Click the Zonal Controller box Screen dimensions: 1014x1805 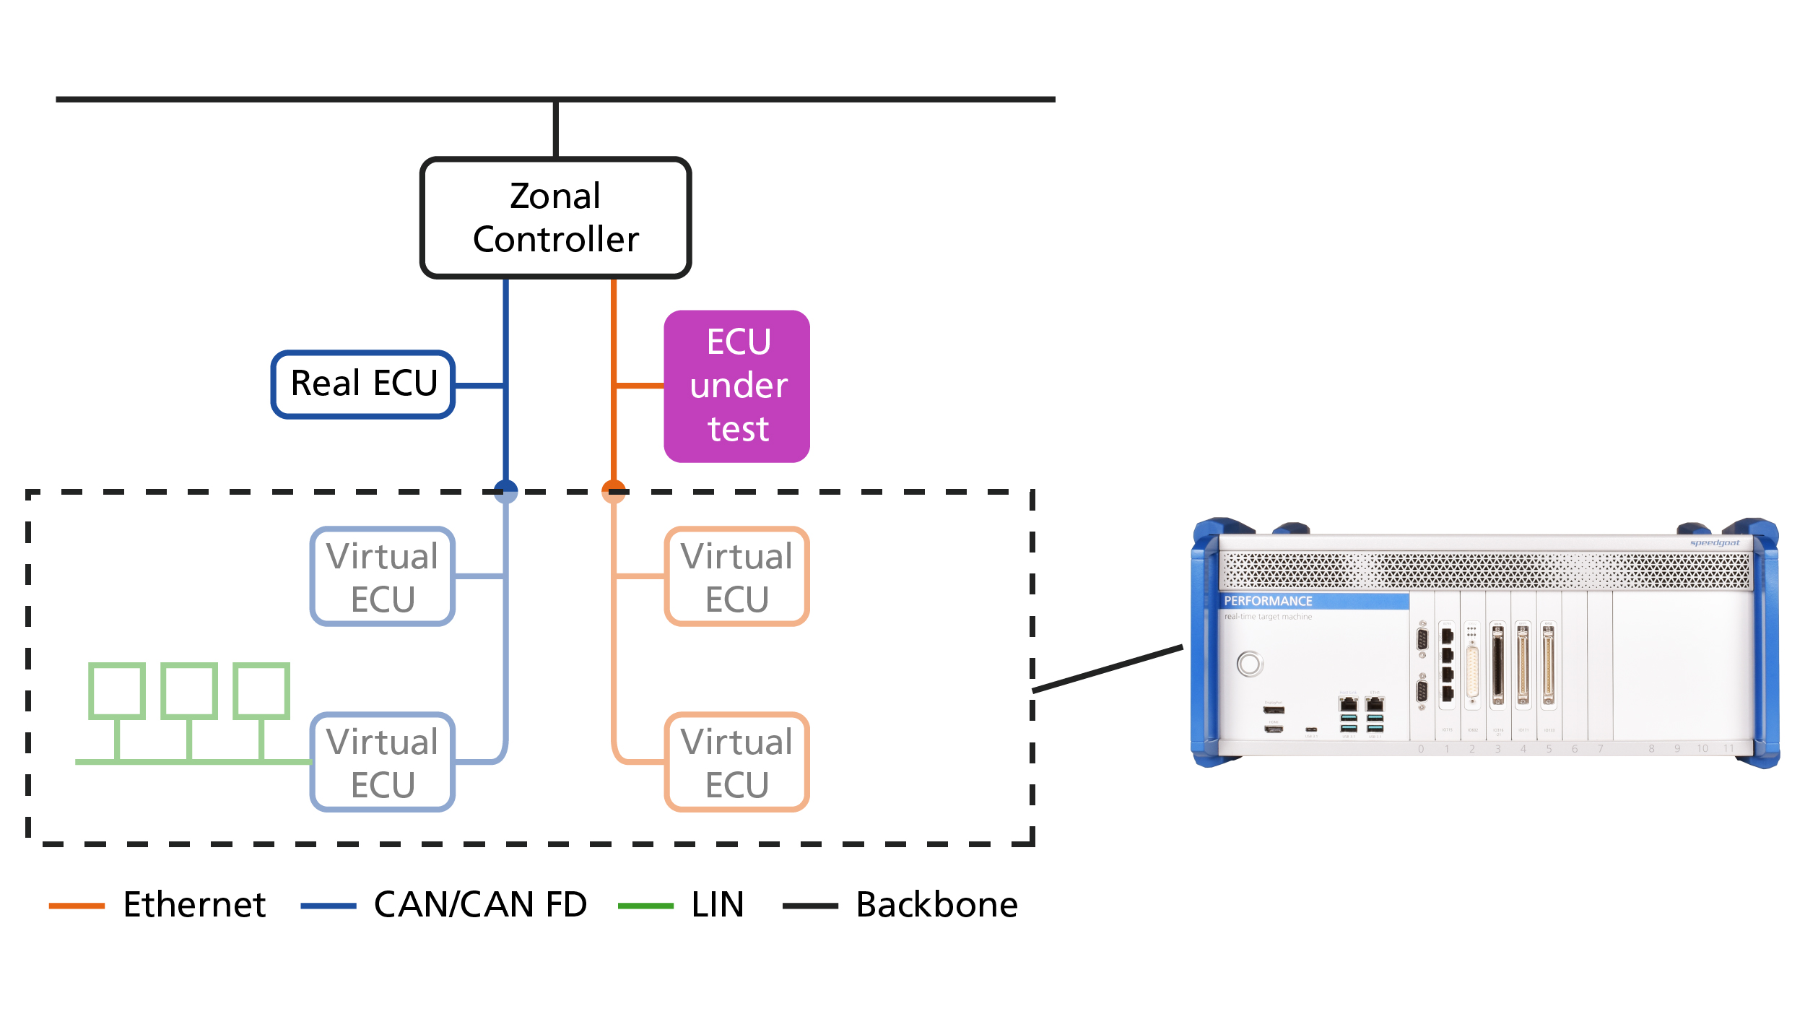coord(555,217)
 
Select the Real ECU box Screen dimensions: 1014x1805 coord(363,384)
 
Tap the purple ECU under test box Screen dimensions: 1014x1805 coord(736,386)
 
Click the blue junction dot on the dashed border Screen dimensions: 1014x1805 coord(505,491)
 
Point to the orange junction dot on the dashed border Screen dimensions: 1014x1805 coord(614,491)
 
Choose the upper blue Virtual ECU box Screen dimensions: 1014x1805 coord(382,576)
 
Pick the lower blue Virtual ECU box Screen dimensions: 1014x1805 coord(382,762)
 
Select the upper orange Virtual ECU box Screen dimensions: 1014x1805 coord(736,576)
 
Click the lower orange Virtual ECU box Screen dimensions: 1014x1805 coord(736,762)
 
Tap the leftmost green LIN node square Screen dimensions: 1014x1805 coord(116,691)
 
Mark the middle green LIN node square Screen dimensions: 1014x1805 coord(189,691)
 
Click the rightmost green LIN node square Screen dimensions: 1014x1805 coord(261,691)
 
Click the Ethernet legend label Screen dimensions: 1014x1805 coord(194,904)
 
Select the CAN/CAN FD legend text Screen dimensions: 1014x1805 coord(480,904)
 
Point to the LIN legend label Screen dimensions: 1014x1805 coord(717,904)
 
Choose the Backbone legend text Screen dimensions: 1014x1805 coord(936,904)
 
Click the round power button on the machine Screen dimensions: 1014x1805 coord(1250,664)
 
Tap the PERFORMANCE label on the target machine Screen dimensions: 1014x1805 coord(1268,601)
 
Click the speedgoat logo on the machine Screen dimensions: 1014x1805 coord(1715,543)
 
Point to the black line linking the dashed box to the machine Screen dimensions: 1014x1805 coord(1108,669)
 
